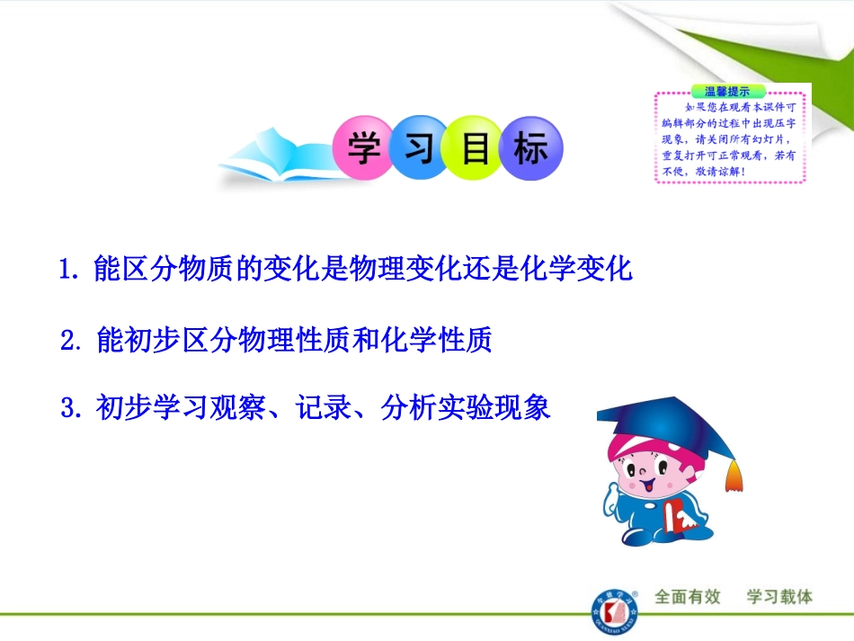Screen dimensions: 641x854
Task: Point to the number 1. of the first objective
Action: tap(72, 270)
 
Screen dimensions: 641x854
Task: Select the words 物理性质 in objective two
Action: tap(248, 341)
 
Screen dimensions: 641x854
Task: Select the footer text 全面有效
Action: tap(689, 597)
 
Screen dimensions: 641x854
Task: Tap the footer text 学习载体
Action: tap(780, 597)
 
